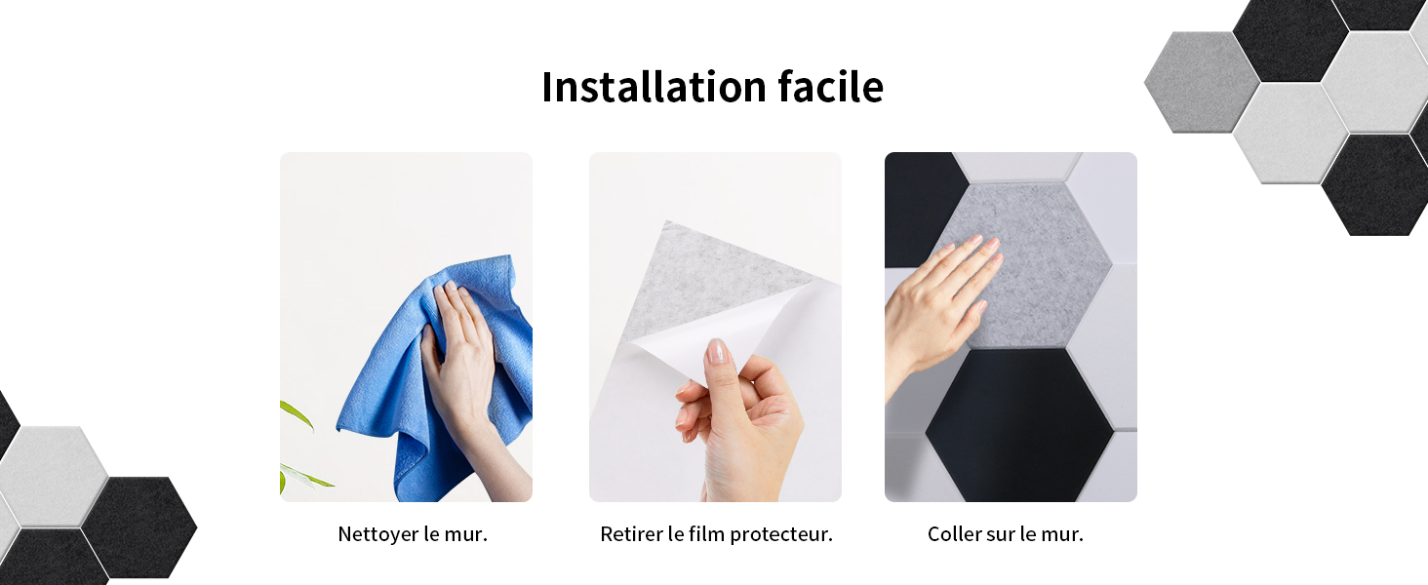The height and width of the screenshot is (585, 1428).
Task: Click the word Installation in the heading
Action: [x=654, y=87]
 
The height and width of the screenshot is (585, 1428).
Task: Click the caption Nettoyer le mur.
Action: [x=413, y=534]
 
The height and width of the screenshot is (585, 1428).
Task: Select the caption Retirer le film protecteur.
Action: [x=717, y=534]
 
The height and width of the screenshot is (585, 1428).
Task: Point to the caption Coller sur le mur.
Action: [x=1006, y=534]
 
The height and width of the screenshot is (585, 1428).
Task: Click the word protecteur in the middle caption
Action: [x=781, y=534]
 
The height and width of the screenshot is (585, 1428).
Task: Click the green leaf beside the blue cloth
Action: [x=297, y=414]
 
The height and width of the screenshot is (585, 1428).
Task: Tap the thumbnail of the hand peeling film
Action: [x=715, y=327]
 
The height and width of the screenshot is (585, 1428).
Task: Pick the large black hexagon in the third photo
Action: [x=1020, y=424]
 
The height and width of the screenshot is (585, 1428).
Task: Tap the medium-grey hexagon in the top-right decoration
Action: [x=1203, y=82]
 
